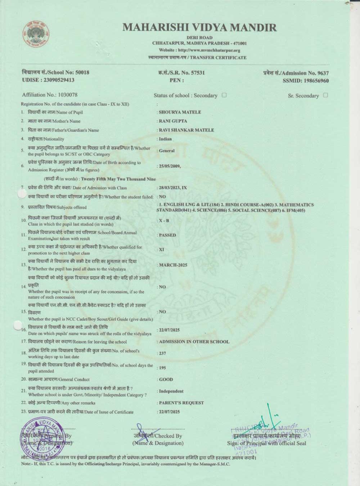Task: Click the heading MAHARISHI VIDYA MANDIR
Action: click(199, 27)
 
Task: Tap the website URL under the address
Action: click(199, 50)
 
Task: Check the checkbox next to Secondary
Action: click(224, 95)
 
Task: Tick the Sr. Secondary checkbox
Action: click(325, 95)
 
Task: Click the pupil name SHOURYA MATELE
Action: click(180, 112)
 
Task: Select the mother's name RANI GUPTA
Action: click(173, 121)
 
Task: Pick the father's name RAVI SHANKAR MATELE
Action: click(186, 130)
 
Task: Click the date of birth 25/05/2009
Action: click(169, 166)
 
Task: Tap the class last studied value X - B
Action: click(164, 221)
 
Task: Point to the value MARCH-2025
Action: click(173, 265)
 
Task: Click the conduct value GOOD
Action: click(166, 379)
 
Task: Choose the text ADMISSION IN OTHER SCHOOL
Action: click(194, 342)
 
